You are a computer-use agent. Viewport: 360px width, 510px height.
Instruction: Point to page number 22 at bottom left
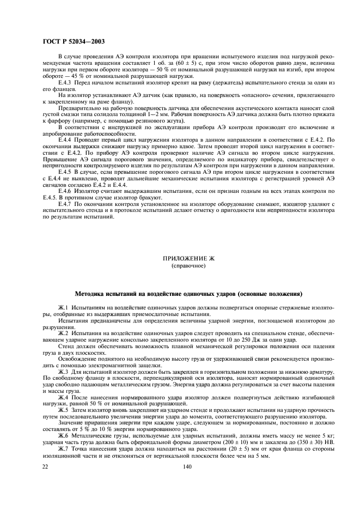click(46, 466)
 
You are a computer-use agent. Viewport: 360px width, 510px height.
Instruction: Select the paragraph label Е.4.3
click(65, 82)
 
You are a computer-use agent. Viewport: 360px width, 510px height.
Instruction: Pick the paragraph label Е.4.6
click(65, 192)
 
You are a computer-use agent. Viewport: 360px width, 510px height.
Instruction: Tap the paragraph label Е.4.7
click(65, 203)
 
